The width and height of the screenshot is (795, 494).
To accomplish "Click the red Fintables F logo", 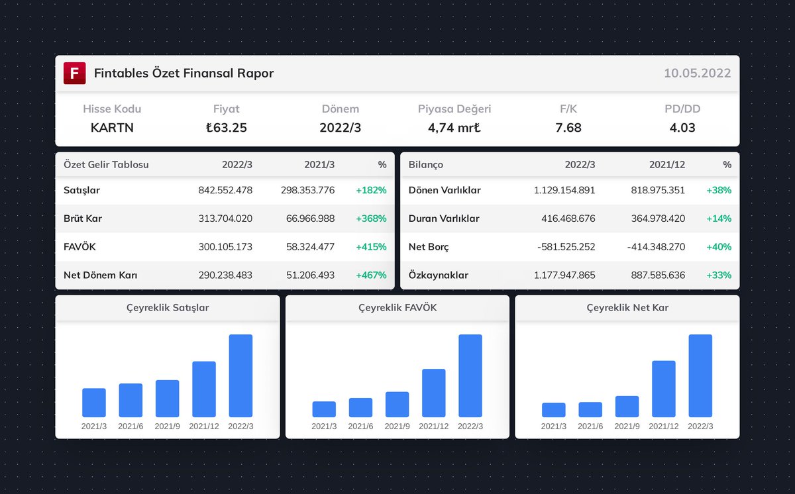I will tap(75, 74).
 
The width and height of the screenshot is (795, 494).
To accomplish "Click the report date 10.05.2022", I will tap(697, 74).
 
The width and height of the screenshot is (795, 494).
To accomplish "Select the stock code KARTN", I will tap(112, 128).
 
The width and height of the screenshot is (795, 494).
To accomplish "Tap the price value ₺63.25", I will tap(226, 128).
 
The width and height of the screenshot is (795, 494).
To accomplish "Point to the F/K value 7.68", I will tap(568, 128).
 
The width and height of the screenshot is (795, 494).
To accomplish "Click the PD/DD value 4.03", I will tap(682, 128).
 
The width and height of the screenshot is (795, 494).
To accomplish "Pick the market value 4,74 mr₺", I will tap(454, 128).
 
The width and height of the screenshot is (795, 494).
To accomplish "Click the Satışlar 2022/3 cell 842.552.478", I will tap(225, 191).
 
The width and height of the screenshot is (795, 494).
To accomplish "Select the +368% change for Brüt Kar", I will tap(371, 219).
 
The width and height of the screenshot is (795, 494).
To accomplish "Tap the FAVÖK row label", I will tap(80, 247).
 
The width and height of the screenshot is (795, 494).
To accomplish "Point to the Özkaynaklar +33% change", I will tap(718, 275).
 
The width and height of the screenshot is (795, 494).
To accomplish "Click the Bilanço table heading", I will tap(426, 164).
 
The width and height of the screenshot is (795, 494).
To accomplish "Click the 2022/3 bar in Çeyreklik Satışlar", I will tap(240, 375).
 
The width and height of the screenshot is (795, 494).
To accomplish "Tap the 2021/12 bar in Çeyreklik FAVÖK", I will tap(433, 393).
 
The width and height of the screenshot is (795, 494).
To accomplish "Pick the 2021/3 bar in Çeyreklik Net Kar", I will tap(553, 410).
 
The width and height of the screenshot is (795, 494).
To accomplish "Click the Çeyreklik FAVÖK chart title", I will tap(397, 308).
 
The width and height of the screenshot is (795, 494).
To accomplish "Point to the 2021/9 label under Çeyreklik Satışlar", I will tap(167, 426).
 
